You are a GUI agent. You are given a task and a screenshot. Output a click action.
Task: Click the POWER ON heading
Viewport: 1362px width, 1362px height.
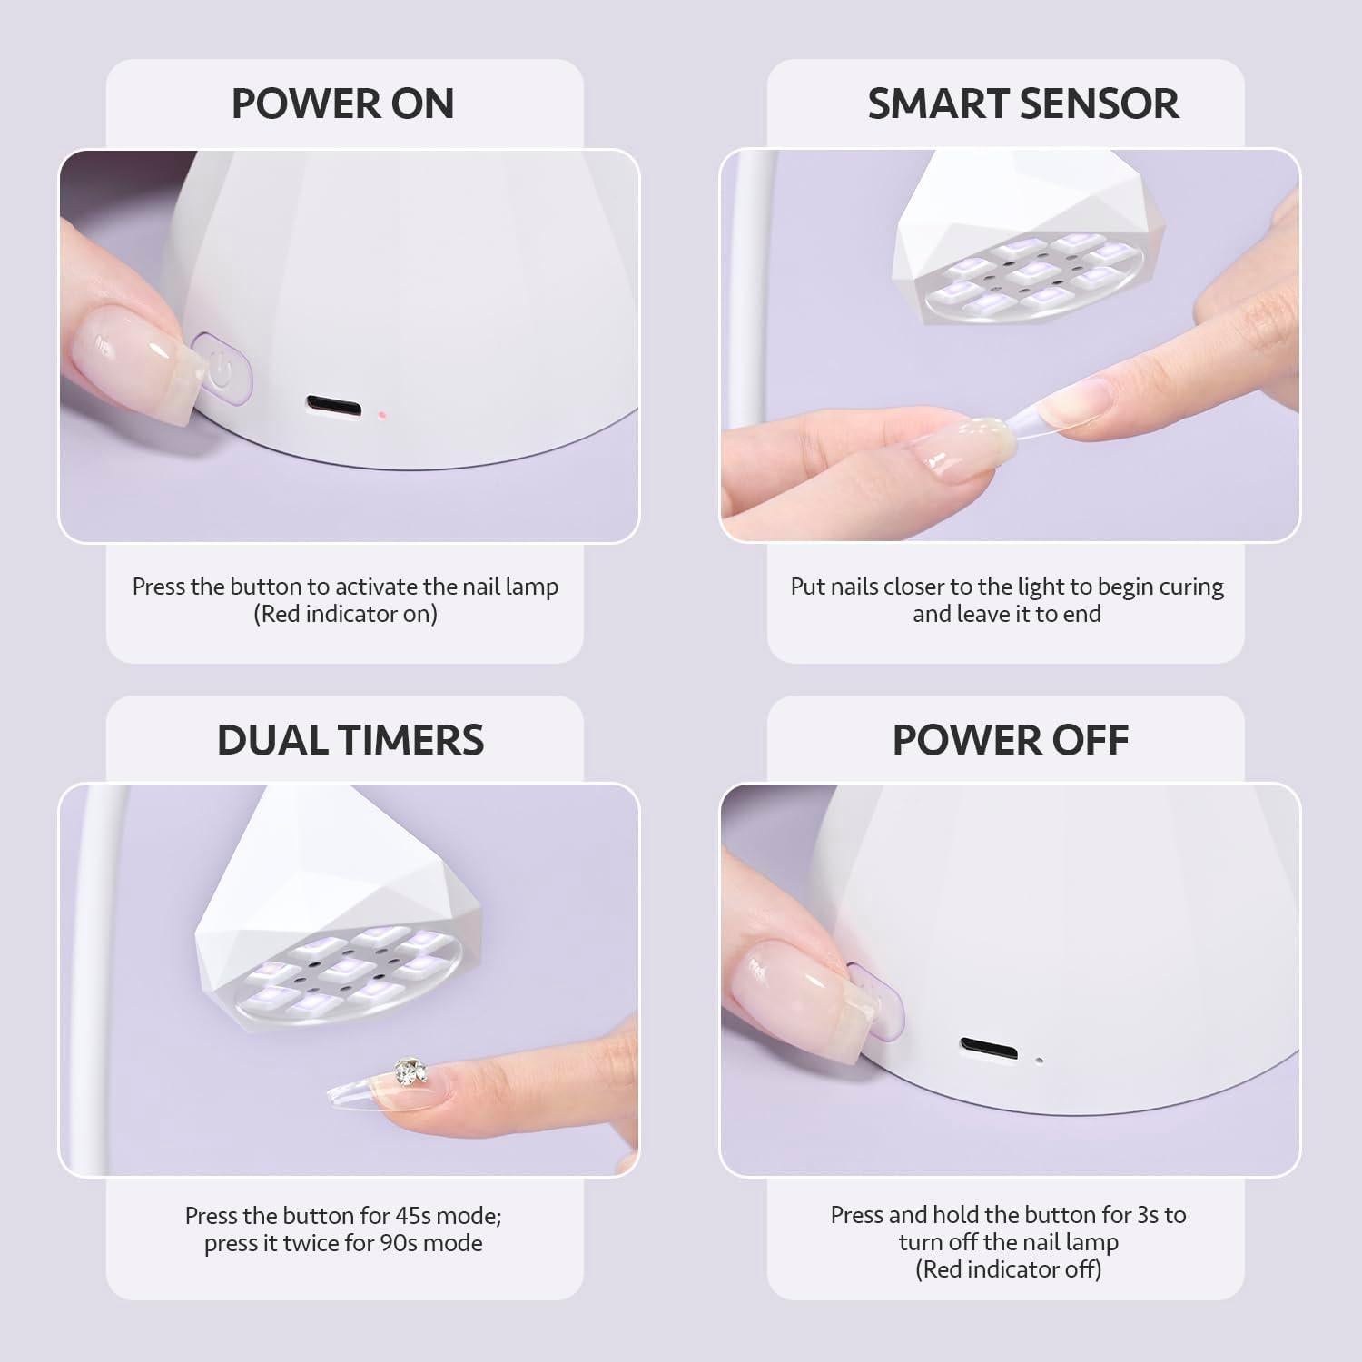(x=342, y=104)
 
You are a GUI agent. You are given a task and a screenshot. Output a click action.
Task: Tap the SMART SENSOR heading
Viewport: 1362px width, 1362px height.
(x=1022, y=104)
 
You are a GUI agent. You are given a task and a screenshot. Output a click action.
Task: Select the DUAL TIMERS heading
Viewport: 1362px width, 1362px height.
(x=350, y=740)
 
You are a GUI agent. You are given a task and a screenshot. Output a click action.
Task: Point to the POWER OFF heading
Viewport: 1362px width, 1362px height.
(x=1010, y=740)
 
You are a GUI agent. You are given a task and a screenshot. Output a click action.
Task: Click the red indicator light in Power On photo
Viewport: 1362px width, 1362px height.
(x=382, y=415)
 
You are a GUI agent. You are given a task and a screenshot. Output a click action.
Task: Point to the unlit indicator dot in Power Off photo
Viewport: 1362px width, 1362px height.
(x=1040, y=1059)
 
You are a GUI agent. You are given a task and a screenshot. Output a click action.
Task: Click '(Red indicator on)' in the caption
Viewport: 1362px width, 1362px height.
(x=345, y=614)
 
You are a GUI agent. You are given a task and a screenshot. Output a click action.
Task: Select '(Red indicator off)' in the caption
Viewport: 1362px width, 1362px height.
(x=1008, y=1269)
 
